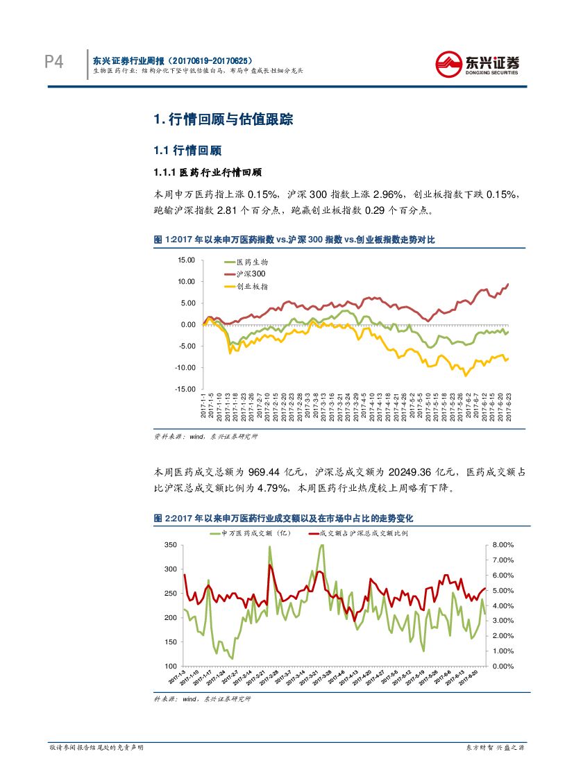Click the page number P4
53,62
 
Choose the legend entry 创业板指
252,286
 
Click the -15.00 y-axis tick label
185,389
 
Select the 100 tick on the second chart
171,667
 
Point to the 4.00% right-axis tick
502,606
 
